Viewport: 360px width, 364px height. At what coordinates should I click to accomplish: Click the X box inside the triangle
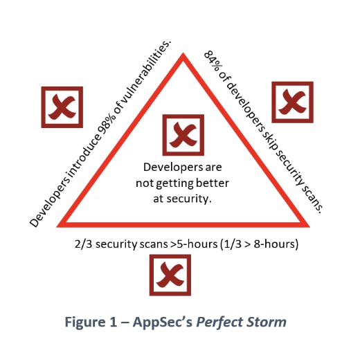(183, 135)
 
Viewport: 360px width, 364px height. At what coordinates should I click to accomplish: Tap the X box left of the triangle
(62, 107)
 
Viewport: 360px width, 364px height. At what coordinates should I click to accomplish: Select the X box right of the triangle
(292, 102)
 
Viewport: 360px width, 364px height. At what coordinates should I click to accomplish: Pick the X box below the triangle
(170, 275)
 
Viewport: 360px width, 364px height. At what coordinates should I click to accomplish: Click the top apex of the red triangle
(183, 53)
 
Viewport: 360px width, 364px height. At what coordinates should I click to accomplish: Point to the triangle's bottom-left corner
(57, 227)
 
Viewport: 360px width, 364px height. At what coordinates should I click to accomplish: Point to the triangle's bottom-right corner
(309, 227)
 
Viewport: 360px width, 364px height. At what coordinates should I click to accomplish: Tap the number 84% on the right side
(213, 62)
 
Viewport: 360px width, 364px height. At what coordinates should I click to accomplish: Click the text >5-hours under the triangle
(194, 244)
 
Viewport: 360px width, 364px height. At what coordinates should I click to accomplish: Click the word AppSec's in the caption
(163, 322)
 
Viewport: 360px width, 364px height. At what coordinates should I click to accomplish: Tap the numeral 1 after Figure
(113, 322)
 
